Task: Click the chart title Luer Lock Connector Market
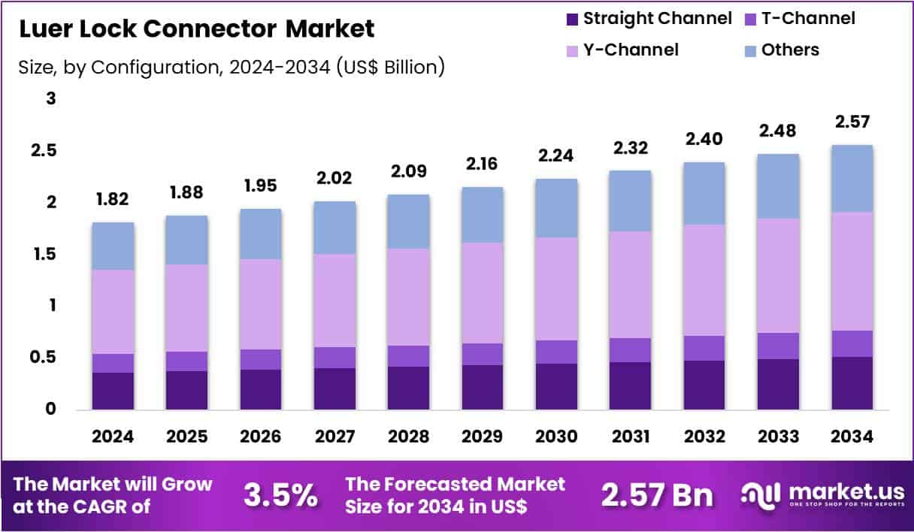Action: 196,29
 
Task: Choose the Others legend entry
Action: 789,50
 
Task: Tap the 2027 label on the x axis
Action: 334,437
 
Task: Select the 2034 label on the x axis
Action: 851,437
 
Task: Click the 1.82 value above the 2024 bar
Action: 113,201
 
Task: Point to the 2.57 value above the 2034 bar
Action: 851,122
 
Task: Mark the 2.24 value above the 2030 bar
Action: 556,156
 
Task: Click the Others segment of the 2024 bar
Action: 113,246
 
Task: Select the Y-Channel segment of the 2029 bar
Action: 483,293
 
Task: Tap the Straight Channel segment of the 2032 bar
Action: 704,385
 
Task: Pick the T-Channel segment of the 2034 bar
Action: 851,343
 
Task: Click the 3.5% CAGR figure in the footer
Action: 280,495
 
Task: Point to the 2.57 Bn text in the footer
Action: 657,495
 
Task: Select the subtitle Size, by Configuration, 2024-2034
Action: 232,68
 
